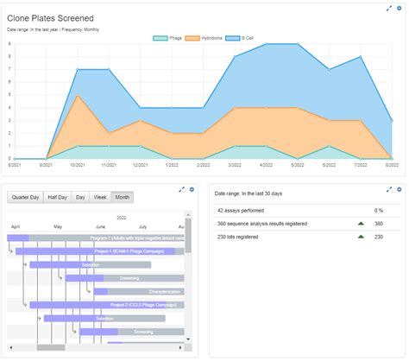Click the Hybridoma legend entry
coord(204,38)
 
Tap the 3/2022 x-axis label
coord(234,164)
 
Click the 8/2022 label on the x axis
coord(390,164)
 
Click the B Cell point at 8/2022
coord(393,121)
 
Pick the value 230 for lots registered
coord(378,237)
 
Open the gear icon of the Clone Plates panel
coord(400,9)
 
